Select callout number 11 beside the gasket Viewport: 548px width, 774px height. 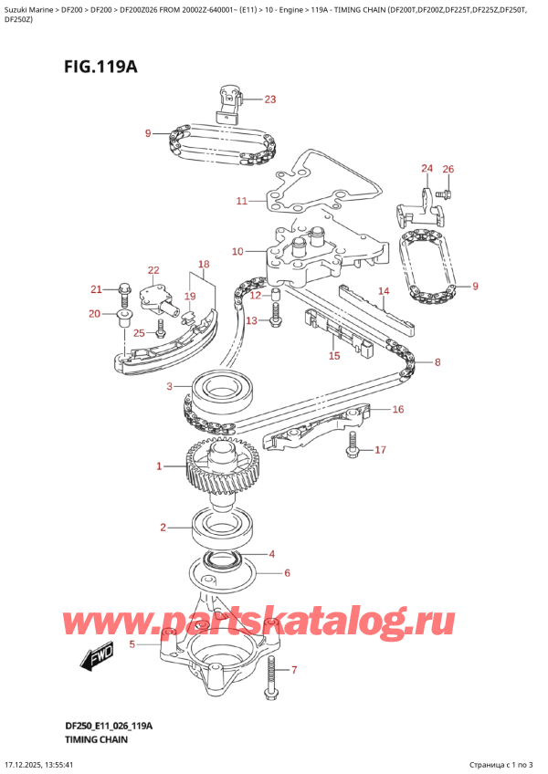[x=241, y=201]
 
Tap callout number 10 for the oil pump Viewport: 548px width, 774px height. [x=237, y=251]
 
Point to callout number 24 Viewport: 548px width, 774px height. [x=427, y=169]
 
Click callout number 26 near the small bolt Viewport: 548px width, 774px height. [x=448, y=169]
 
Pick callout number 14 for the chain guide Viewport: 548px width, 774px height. [x=384, y=292]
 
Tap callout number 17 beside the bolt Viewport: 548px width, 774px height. [x=381, y=449]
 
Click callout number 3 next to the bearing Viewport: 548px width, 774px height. [x=168, y=387]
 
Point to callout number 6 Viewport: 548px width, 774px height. [x=287, y=573]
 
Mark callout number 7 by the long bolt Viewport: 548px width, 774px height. [x=293, y=670]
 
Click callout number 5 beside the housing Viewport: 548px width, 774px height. [x=132, y=644]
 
